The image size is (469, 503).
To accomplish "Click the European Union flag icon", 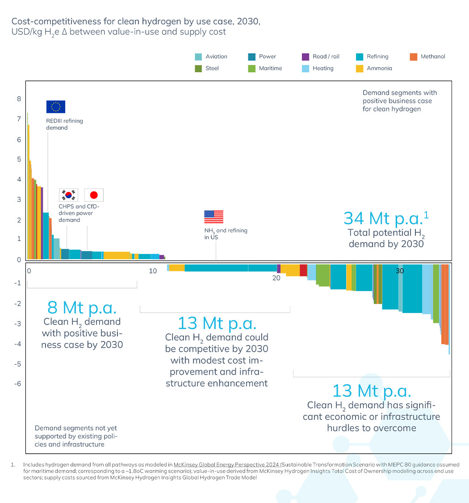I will [x=56, y=107].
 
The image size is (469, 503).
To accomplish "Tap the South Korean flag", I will [x=69, y=195].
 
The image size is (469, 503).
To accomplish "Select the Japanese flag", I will [x=94, y=195].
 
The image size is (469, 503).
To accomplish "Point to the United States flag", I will [x=214, y=217].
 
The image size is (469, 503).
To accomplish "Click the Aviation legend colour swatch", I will [x=198, y=57].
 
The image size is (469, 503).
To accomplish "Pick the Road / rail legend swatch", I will [x=306, y=57].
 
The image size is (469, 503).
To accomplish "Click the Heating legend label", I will [x=323, y=68].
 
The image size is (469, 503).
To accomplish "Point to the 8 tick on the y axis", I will [x=19, y=99].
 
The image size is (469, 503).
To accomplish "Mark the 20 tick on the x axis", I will [x=276, y=278].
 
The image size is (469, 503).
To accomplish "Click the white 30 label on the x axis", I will [x=400, y=271].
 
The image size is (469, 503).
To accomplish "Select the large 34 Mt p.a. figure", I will [x=386, y=218].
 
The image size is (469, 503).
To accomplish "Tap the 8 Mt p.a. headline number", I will [x=82, y=308].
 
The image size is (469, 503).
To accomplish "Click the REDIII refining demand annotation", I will [x=64, y=124].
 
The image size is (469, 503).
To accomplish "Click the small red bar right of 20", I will [x=303, y=270].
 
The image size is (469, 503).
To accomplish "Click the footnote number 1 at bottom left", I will [x=13, y=465].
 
